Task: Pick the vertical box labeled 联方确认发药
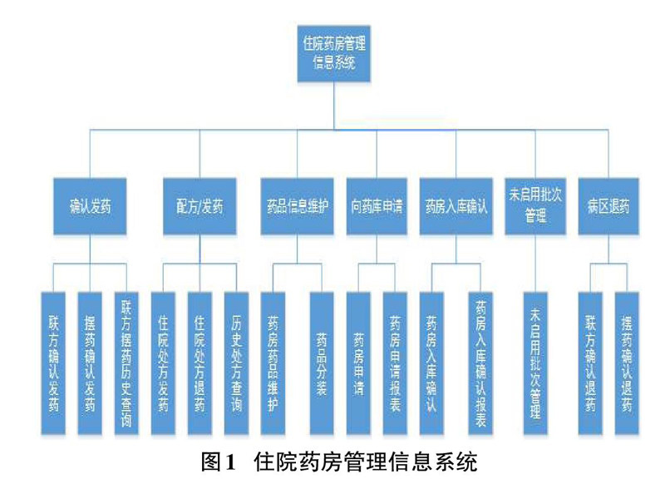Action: (x=54, y=361)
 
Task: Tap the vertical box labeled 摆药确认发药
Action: (x=90, y=361)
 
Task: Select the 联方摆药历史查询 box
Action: (x=126, y=361)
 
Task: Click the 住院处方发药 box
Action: (x=163, y=361)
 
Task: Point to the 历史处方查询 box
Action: (x=236, y=361)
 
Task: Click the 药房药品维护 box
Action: (x=273, y=361)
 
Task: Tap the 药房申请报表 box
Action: (x=394, y=361)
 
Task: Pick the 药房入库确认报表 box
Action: (x=480, y=361)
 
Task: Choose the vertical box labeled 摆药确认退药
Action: (x=627, y=361)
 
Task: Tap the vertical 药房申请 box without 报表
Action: (x=358, y=361)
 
